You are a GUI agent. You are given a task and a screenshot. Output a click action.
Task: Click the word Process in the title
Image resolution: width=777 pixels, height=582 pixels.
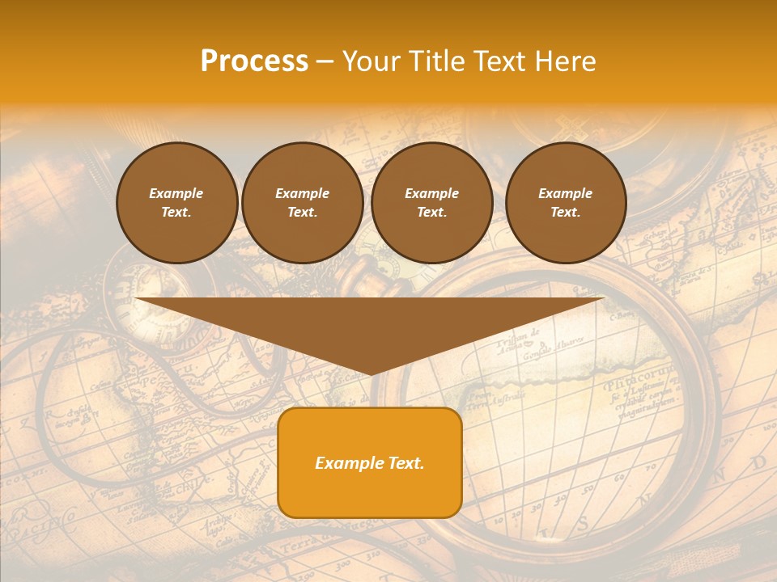point(254,61)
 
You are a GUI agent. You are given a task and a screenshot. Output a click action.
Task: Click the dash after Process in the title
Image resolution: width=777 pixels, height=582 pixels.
point(325,62)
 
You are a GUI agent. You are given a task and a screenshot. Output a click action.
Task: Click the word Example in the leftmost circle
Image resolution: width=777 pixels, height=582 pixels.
point(176,194)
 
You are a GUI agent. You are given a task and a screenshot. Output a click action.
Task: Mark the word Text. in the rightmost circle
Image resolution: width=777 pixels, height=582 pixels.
point(566,213)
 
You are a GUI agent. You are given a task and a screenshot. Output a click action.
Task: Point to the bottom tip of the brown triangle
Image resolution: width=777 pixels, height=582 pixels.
point(371,373)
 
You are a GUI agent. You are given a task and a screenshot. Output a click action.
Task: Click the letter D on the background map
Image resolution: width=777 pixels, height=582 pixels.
point(758,462)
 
